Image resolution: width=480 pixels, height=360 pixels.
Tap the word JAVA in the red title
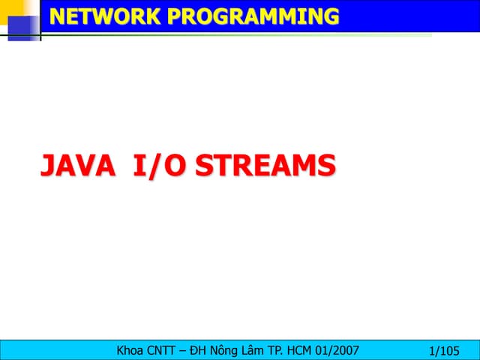[x=78, y=166]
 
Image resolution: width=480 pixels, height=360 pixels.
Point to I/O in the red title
[x=158, y=166]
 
